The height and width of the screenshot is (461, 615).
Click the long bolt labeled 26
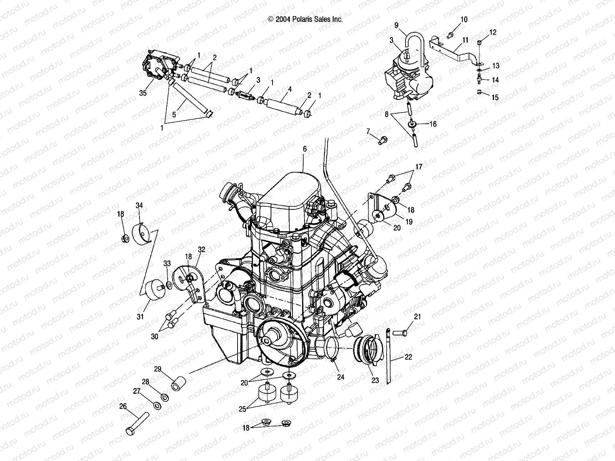[x=137, y=424]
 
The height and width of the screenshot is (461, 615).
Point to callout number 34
[x=139, y=206]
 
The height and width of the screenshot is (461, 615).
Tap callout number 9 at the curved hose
[x=396, y=26]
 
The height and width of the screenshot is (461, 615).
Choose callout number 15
[x=495, y=98]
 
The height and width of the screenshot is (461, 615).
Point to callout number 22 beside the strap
[x=408, y=357]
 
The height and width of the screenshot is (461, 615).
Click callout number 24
[x=340, y=377]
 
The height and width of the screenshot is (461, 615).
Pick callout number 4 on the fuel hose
[x=290, y=89]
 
